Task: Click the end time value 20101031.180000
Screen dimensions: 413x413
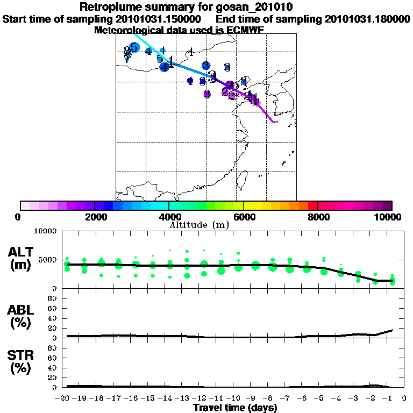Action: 365,19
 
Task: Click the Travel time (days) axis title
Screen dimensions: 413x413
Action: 235,408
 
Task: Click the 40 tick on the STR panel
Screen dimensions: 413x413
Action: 53,367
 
